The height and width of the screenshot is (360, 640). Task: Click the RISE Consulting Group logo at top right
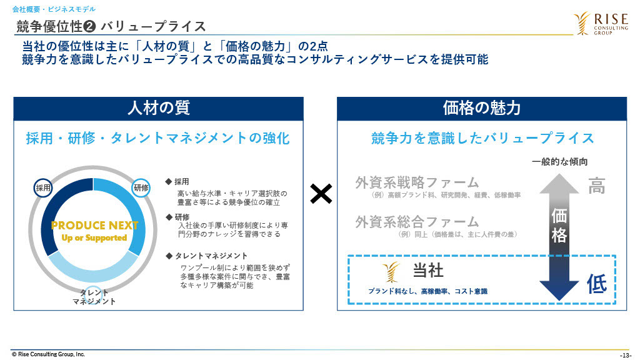tap(601, 24)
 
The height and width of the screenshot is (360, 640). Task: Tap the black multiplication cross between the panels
tap(321, 194)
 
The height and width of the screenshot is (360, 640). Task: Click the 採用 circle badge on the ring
tap(43, 188)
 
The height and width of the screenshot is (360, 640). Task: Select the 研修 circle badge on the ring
tap(141, 187)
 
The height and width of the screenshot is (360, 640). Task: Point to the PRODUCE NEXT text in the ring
tap(95, 225)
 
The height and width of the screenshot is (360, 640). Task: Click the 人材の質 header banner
tap(158, 109)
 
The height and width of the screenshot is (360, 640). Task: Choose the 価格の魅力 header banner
tap(482, 109)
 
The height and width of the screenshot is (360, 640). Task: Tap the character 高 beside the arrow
tap(597, 186)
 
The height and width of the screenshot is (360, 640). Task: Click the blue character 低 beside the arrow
tap(597, 284)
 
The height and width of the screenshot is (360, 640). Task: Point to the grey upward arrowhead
tap(559, 184)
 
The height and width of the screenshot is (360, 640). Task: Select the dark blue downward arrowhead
tap(559, 291)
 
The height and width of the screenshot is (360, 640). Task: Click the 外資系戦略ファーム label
tap(417, 182)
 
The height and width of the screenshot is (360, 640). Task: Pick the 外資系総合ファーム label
tap(417, 222)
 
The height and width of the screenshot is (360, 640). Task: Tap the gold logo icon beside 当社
tap(391, 272)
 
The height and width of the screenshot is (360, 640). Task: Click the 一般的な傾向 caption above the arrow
tap(559, 162)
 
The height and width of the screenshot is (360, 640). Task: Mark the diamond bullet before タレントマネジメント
tap(169, 256)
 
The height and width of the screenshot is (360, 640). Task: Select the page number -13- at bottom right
tap(625, 356)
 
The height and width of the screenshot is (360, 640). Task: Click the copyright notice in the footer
tap(48, 354)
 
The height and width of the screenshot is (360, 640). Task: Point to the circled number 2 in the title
tap(89, 27)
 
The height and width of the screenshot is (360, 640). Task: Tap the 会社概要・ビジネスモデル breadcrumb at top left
tap(54, 9)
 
